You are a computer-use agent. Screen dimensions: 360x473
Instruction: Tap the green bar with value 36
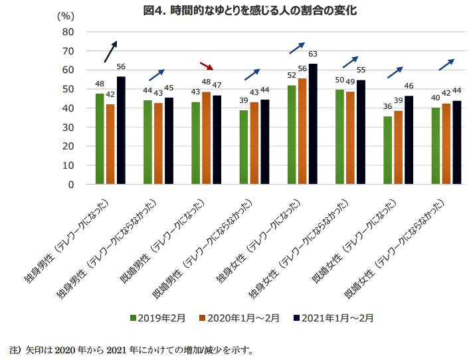pos(387,151)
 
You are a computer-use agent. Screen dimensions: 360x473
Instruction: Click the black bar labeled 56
pos(121,131)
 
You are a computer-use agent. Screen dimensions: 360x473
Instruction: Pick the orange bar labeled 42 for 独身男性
pos(110,144)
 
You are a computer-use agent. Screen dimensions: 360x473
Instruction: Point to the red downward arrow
pos(207,66)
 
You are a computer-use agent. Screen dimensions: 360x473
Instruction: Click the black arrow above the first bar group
pos(110,52)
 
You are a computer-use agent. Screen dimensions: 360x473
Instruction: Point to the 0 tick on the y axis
pos(69,185)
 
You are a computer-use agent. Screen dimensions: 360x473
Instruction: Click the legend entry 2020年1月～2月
pos(238,318)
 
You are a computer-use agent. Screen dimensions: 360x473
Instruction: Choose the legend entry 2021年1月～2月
pos(333,318)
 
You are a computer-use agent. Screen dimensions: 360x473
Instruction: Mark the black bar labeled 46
pos(409,140)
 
